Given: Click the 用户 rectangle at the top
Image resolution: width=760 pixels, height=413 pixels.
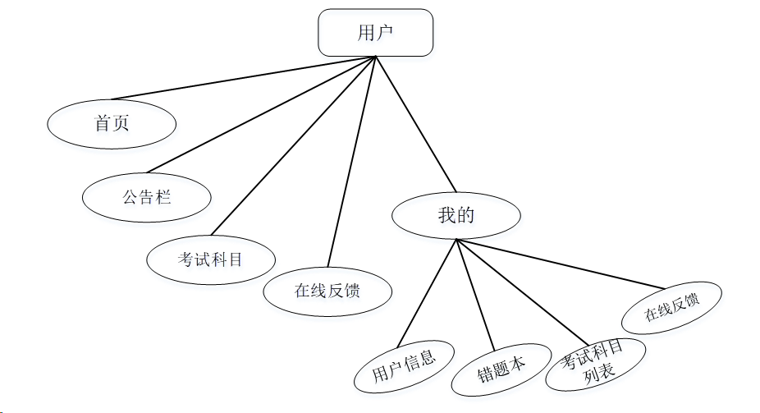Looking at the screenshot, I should (x=375, y=33).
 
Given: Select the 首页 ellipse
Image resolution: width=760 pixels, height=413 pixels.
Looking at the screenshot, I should (x=112, y=124).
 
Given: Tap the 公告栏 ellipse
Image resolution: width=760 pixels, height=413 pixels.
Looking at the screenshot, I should (x=147, y=197).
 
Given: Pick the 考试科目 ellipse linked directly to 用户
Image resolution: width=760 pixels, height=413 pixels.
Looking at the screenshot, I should (x=211, y=259).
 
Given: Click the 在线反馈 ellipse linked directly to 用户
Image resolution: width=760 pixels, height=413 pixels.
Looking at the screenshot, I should (x=327, y=291).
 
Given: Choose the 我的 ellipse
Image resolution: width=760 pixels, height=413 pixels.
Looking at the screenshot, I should (x=456, y=216).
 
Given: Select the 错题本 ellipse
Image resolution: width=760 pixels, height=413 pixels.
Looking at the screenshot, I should (x=501, y=369).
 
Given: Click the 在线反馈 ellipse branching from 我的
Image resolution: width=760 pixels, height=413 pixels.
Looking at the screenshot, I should (x=672, y=307).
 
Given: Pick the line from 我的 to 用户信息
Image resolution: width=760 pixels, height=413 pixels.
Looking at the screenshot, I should (x=428, y=292).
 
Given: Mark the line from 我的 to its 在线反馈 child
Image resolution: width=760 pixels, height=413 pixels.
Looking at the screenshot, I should (x=562, y=264).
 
